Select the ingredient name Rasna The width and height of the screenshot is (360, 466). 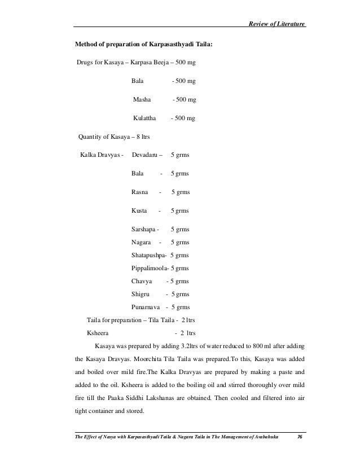click(140, 192)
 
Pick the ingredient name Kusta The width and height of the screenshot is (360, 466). click(139, 211)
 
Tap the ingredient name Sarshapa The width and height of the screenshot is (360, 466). click(143, 230)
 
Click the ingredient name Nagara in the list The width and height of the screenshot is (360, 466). click(141, 243)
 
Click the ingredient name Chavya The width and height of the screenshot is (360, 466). click(141, 281)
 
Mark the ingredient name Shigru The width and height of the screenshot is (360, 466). click(140, 294)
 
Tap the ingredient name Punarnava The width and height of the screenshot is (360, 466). click(145, 307)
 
